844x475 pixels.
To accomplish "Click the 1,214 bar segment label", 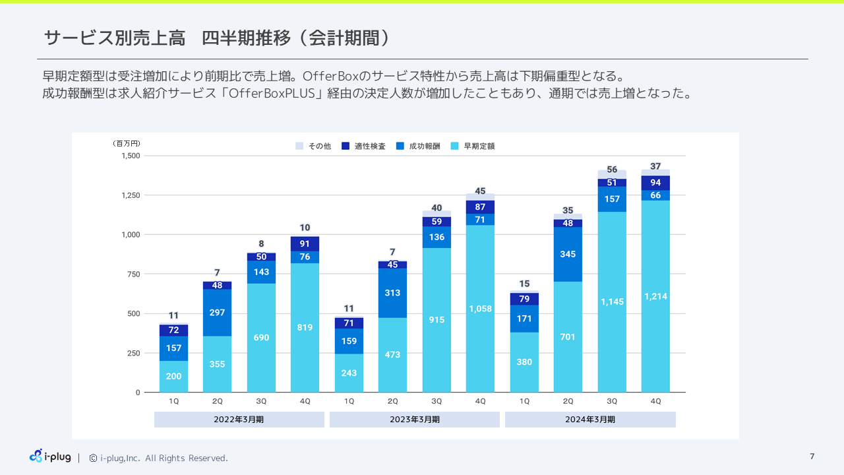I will click(x=655, y=297).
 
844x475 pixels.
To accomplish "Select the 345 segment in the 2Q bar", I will click(x=568, y=254).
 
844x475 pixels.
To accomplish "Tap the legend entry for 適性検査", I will click(x=363, y=146).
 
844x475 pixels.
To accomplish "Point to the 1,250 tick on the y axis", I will click(x=131, y=195).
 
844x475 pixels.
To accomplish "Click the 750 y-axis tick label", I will click(x=133, y=274).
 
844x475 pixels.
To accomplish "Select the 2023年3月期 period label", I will click(x=414, y=420).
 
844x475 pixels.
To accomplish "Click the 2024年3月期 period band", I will click(x=590, y=420).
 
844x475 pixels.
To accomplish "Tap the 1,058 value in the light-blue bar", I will click(x=480, y=308).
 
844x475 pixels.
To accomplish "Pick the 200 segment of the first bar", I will click(x=173, y=376).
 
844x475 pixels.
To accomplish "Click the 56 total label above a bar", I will click(x=612, y=170).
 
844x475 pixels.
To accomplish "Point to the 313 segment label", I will click(x=392, y=293).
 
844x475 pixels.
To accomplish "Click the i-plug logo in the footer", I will click(x=50, y=456).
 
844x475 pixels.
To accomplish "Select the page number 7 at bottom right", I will click(x=812, y=456).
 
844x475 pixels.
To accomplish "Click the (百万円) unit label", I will click(x=126, y=143).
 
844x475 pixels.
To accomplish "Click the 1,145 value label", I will click(x=612, y=301).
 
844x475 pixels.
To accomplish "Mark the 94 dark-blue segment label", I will click(x=655, y=183).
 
